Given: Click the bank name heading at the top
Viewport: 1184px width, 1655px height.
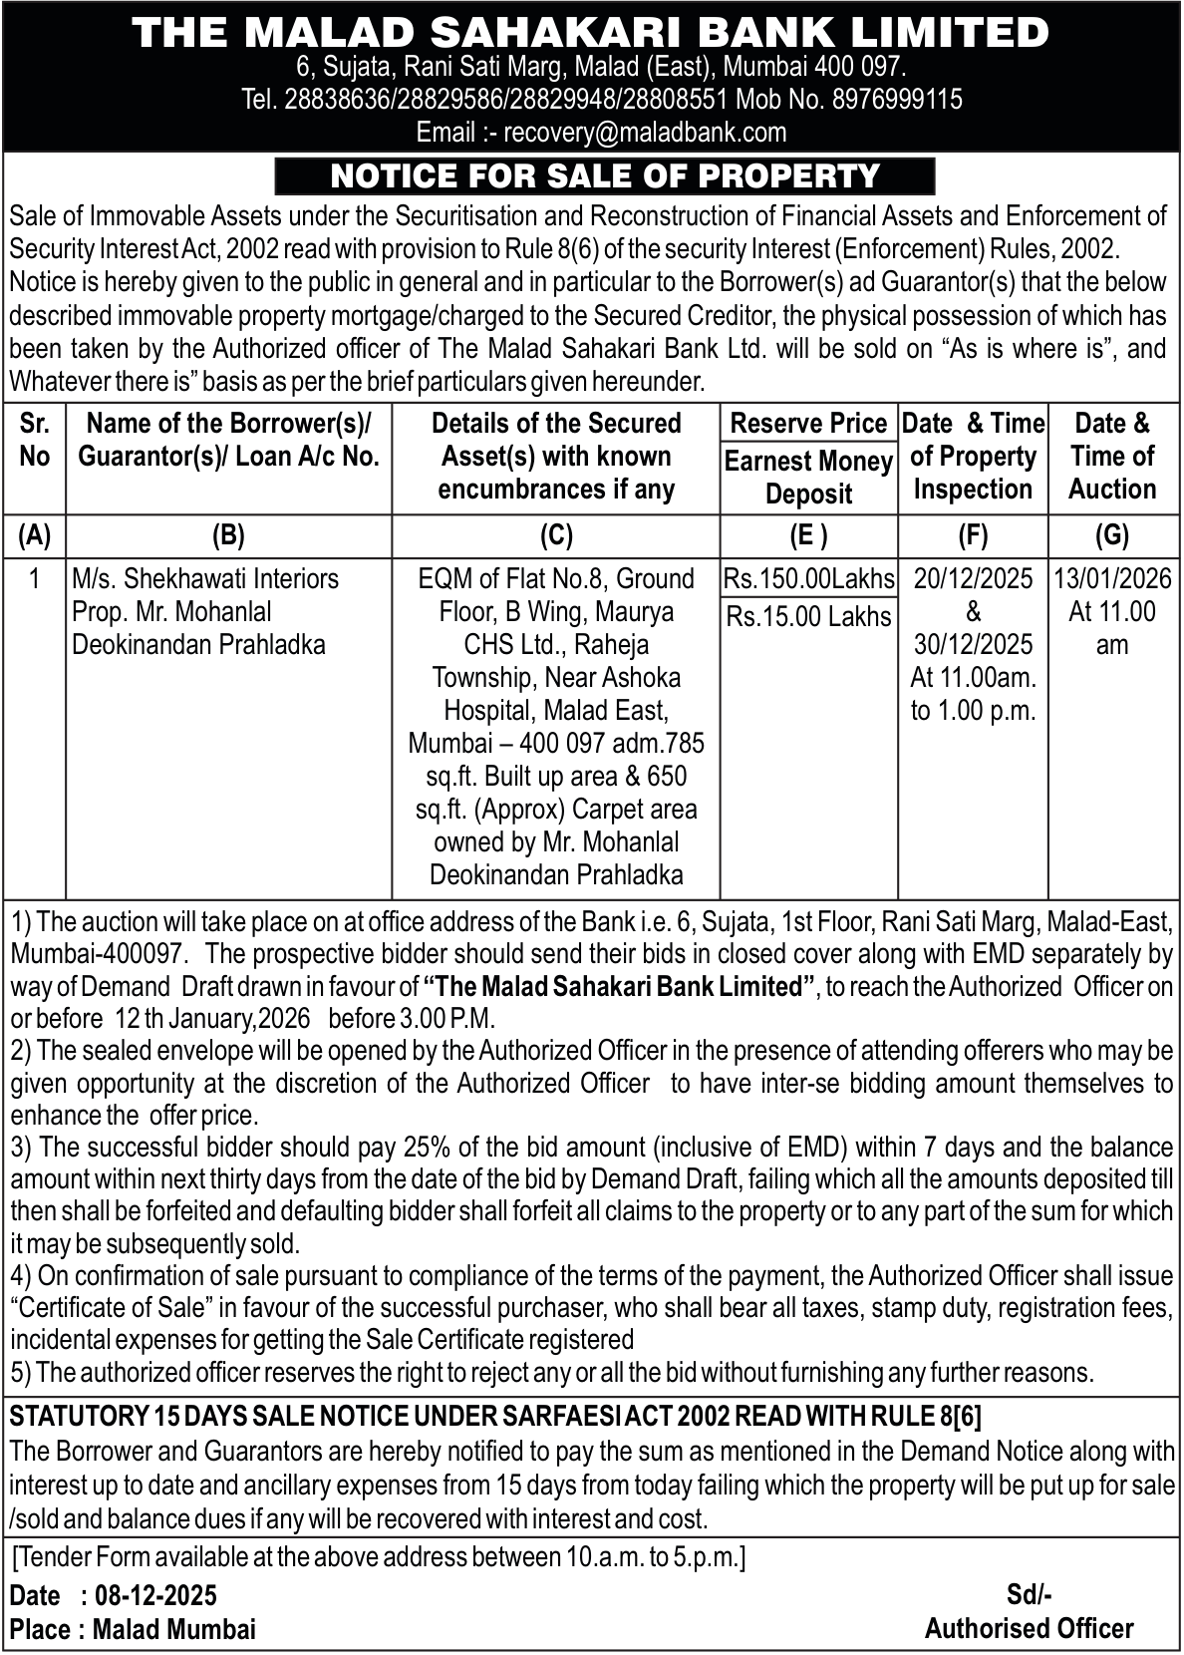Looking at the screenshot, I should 591,33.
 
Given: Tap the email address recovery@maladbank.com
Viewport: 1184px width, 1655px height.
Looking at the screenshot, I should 645,132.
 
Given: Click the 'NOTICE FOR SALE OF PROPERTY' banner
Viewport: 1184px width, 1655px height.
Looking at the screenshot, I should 605,175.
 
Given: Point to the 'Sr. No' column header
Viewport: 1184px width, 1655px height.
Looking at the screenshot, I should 35,440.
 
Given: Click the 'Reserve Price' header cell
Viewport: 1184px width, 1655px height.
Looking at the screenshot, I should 808,423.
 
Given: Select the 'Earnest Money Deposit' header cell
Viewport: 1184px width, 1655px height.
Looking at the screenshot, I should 808,478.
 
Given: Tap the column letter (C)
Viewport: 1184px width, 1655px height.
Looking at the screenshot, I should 555,536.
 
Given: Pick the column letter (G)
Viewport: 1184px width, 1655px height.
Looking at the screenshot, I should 1111,536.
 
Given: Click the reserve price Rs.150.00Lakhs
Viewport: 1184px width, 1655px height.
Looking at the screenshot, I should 808,579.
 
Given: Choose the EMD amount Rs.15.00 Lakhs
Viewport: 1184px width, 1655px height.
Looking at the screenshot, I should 808,616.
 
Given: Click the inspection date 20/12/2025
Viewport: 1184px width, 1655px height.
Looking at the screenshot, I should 973,579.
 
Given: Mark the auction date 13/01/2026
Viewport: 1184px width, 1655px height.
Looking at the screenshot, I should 1112,579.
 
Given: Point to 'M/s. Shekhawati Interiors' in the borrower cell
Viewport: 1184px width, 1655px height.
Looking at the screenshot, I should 205,579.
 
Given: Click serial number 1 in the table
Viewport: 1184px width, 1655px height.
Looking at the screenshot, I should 35,579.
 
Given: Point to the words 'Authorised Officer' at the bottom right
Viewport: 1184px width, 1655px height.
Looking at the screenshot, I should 1029,1628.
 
